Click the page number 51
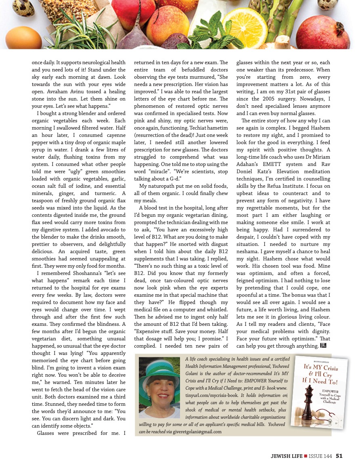(x=339, y=456)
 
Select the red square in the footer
(x=306, y=456)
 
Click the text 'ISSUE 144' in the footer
(x=320, y=456)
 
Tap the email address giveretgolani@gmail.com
(x=197, y=432)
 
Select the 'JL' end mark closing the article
(x=323, y=345)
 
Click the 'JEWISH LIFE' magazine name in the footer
(x=287, y=456)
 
